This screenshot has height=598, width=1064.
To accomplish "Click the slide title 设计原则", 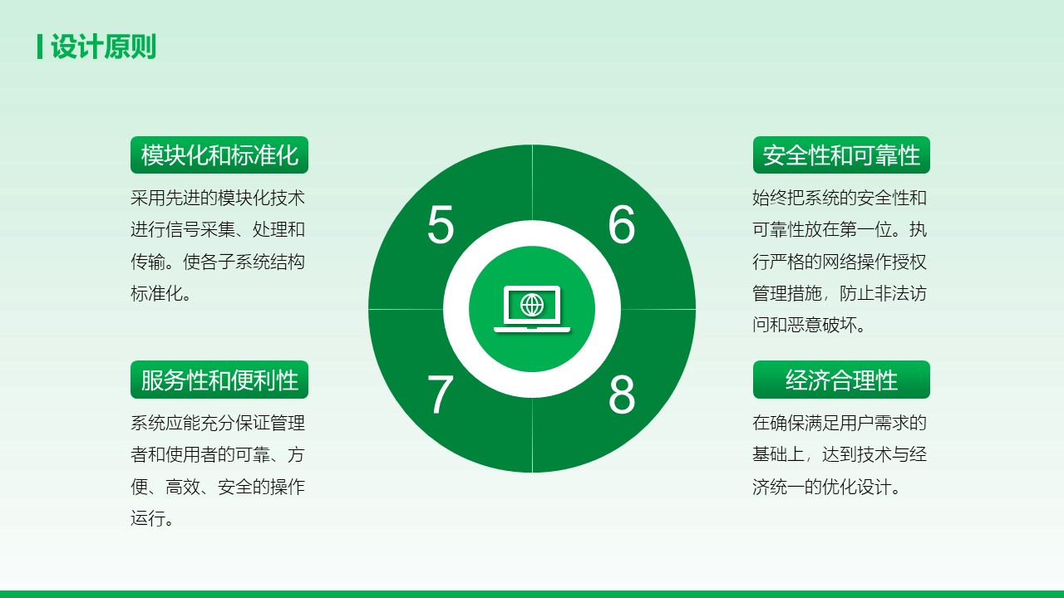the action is [104, 47].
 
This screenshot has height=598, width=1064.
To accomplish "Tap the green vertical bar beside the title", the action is [40, 47].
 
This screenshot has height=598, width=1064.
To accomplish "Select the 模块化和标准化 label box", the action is [219, 154].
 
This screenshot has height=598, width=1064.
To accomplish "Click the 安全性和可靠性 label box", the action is [841, 154].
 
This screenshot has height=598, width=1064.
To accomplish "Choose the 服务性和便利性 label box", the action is [219, 380].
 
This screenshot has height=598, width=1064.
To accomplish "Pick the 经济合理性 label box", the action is [841, 380].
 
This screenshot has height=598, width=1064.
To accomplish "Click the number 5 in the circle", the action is [441, 224].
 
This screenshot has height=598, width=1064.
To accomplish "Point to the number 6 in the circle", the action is [621, 224].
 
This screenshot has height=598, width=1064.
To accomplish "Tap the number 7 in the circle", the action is [440, 395].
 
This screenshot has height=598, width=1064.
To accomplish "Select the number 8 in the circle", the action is [621, 395].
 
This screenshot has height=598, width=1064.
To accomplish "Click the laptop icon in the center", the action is [532, 308].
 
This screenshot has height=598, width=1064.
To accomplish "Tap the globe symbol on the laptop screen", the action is [532, 305].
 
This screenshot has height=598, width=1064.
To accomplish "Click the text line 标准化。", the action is [161, 293].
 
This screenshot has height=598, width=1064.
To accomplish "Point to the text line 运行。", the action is [152, 518].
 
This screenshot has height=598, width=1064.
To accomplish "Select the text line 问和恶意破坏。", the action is [809, 325].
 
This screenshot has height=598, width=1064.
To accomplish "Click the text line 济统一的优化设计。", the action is [826, 487].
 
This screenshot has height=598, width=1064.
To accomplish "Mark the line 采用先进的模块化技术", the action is [218, 198].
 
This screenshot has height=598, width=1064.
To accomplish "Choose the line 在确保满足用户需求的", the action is [840, 423].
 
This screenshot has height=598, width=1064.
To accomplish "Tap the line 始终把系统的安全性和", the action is [840, 198].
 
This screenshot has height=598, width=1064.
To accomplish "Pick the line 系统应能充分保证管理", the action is [218, 423].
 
